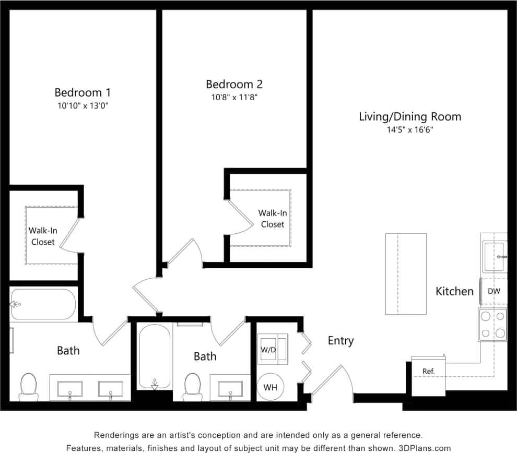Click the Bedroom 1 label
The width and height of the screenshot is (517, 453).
pyautogui.click(x=83, y=92)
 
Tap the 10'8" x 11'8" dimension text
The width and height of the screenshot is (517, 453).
pyautogui.click(x=234, y=97)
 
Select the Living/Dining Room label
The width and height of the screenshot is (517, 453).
pyautogui.click(x=409, y=116)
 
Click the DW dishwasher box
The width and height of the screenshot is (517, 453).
pyautogui.click(x=493, y=291)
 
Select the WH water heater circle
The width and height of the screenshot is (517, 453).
pyautogui.click(x=271, y=387)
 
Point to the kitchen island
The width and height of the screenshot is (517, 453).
pyautogui.click(x=406, y=273)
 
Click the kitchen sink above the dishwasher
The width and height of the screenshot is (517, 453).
pyautogui.click(x=494, y=257)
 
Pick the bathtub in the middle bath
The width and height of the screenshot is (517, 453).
pyautogui.click(x=154, y=356)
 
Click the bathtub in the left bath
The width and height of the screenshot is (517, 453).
pyautogui.click(x=43, y=304)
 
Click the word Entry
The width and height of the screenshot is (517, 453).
pyautogui.click(x=340, y=341)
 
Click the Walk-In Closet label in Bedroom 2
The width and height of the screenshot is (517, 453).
pyautogui.click(x=272, y=219)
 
